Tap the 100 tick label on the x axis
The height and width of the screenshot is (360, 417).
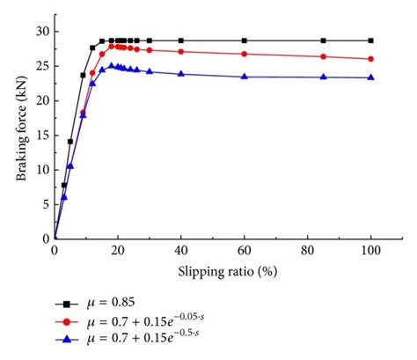[370, 251]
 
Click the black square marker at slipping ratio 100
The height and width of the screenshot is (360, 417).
[370, 40]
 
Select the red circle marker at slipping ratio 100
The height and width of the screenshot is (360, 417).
[370, 59]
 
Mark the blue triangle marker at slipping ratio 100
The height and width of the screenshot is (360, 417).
[370, 77]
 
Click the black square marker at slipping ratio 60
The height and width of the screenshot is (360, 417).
[245, 40]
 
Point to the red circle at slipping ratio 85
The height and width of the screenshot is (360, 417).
[323, 56]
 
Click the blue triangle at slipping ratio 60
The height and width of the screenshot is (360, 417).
[245, 77]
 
